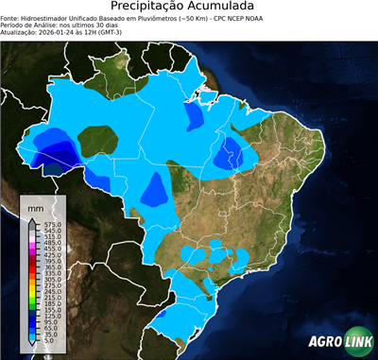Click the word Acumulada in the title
click(x=228, y=8)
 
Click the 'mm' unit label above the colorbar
click(x=36, y=206)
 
